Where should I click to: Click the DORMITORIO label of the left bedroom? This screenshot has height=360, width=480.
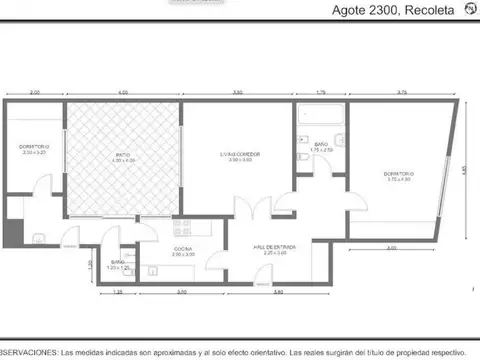33,148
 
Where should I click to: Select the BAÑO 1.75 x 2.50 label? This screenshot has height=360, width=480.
321,146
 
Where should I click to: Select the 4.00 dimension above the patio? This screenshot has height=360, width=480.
123,93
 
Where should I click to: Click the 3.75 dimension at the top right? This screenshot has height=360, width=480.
401,93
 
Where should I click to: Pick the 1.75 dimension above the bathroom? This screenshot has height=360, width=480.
321,93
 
